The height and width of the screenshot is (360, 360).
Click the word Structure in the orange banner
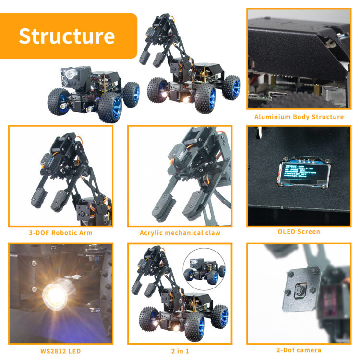[67, 36]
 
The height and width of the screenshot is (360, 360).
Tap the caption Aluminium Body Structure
[299, 117]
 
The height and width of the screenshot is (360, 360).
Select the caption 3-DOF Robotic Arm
[60, 233]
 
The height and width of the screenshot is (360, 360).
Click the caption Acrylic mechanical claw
[180, 233]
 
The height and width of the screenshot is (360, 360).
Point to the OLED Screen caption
[299, 231]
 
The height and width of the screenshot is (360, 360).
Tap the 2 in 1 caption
[180, 351]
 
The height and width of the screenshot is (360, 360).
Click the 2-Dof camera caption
[299, 350]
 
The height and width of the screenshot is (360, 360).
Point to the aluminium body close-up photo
[299, 60]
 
